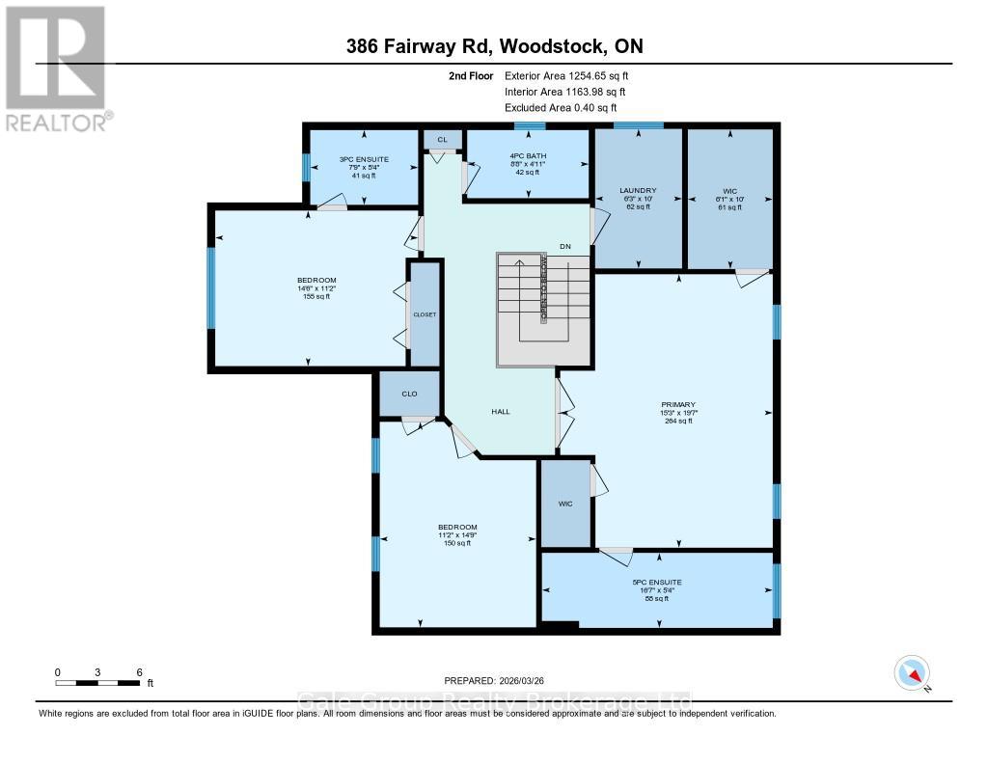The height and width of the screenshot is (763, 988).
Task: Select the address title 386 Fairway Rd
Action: pyautogui.click(x=494, y=46)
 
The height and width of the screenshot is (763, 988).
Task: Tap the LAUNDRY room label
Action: pyautogui.click(x=639, y=191)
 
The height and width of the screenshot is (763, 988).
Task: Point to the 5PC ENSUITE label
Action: pyautogui.click(x=657, y=583)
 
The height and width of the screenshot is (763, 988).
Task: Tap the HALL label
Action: pyautogui.click(x=500, y=412)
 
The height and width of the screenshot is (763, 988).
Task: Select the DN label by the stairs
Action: pyautogui.click(x=565, y=247)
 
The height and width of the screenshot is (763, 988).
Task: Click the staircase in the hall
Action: pyautogui.click(x=542, y=309)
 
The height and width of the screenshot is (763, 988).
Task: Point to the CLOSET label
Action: pyautogui.click(x=425, y=314)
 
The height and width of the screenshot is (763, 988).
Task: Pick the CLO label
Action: pyautogui.click(x=409, y=394)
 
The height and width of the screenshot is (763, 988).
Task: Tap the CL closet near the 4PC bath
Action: pyautogui.click(x=443, y=140)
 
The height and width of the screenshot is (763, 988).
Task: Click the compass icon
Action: pyautogui.click(x=912, y=672)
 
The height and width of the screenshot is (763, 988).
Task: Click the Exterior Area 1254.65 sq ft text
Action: pyautogui.click(x=567, y=75)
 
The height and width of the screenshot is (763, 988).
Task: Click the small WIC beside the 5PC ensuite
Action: pyautogui.click(x=565, y=503)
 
